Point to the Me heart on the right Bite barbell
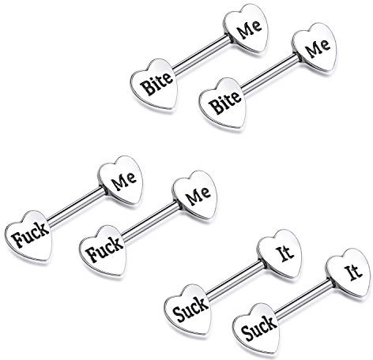315,48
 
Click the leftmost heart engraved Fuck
29,235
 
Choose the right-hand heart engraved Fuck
103,251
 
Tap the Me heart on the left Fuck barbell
121,181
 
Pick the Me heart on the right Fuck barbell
195,196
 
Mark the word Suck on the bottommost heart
259,328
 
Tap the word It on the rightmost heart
353,272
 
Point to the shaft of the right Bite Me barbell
269,74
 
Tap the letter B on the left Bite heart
146,88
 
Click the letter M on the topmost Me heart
244,32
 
